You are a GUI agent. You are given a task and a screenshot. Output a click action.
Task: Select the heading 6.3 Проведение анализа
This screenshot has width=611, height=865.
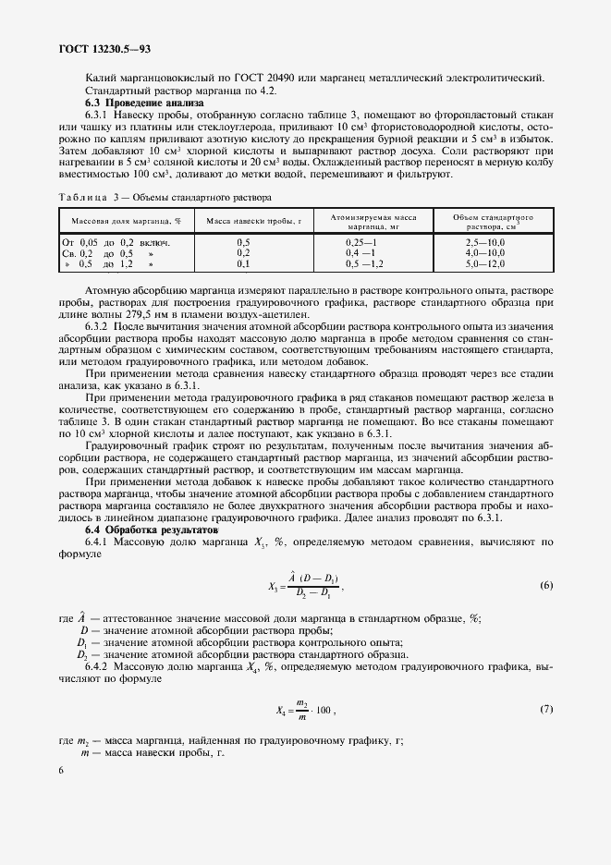tap(133, 104)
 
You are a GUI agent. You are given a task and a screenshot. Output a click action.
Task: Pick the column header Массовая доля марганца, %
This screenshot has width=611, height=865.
tap(121, 221)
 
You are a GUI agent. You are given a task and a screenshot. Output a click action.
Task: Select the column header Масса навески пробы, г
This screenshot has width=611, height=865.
tap(244, 221)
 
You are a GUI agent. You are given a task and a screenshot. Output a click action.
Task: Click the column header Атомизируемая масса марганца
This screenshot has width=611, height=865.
tap(373, 221)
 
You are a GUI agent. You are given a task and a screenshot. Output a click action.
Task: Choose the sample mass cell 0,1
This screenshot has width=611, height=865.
tap(243, 263)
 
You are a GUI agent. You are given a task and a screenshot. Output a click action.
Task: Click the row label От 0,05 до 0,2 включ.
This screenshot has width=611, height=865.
tap(116, 242)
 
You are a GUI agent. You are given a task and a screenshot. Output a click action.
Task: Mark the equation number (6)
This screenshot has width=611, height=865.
tap(546, 586)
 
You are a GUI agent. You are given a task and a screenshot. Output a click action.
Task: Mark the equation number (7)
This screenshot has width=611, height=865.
tap(546, 709)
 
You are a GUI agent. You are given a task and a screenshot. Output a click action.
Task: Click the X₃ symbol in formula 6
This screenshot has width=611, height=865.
tap(274, 587)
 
